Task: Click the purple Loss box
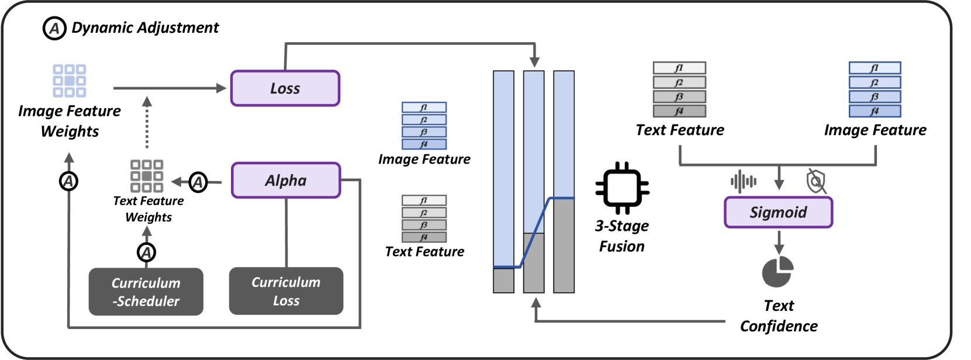point(285,88)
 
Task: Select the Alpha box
point(286,181)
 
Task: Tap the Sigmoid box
point(778,212)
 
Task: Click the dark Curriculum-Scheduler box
point(146,292)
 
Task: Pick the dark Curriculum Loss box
point(286,291)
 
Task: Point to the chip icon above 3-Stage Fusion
point(622,188)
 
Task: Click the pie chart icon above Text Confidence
point(778,272)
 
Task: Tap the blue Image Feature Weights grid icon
point(70,81)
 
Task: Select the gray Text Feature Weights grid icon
point(147,176)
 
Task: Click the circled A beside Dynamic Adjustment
point(54,27)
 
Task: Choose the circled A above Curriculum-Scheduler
point(147,252)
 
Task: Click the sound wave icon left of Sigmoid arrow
point(744,181)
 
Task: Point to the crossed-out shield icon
point(816,181)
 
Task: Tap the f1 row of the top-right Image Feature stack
point(875,68)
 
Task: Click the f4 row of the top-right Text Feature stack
point(679,111)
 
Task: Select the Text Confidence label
point(779,316)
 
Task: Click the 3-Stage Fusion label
point(622,236)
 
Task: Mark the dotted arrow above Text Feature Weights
point(147,123)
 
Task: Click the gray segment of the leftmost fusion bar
point(503,281)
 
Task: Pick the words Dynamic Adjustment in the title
point(145,27)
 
